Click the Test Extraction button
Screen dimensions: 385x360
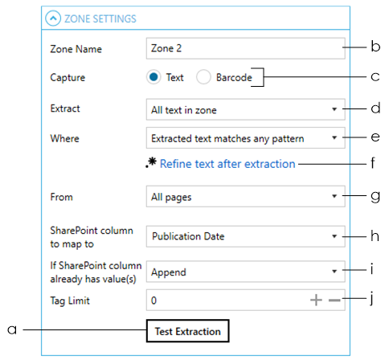(187, 331)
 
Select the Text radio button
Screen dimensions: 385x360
(154, 77)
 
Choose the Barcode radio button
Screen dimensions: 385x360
(203, 77)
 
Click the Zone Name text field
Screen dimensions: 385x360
(245, 48)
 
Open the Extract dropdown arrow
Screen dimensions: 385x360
(334, 109)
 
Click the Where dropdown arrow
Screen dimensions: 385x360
(334, 137)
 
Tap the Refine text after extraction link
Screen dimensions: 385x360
(227, 164)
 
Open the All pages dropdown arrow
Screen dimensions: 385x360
(334, 196)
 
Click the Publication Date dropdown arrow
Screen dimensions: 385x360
(334, 236)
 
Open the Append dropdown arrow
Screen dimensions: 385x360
(334, 272)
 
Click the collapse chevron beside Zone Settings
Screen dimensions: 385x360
(53, 18)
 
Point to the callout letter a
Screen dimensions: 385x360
(12, 329)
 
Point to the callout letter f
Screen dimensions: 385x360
(373, 162)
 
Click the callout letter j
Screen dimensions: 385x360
(371, 298)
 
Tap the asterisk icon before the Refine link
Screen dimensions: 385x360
(151, 162)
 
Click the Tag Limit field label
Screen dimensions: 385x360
(70, 301)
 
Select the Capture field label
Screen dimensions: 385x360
(68, 77)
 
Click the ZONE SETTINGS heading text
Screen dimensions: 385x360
(100, 18)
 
